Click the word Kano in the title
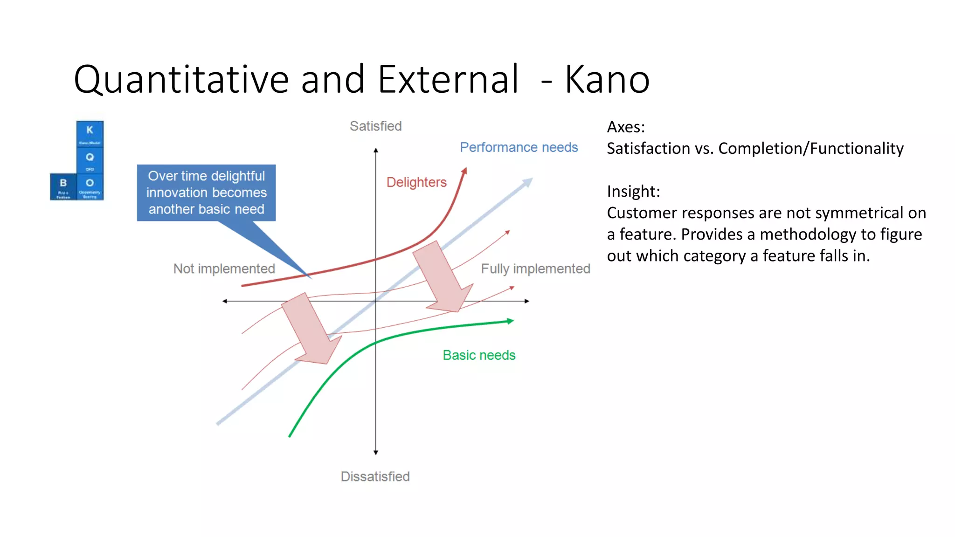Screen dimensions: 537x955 607,80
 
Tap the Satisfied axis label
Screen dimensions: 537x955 375,126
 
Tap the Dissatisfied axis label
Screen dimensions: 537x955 375,476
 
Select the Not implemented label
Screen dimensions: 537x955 224,269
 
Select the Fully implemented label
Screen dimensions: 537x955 535,269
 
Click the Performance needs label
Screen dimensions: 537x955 519,147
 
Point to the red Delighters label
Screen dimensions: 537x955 416,182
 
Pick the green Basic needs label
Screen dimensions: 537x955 479,355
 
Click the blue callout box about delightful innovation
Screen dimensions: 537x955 206,193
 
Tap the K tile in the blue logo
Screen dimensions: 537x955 90,133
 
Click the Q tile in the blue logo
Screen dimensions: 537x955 90,160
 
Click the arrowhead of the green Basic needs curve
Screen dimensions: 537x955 511,321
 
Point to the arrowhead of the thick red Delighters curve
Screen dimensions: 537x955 464,171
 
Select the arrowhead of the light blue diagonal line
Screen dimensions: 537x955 528,181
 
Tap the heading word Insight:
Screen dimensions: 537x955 633,191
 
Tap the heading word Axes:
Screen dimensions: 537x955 626,127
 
